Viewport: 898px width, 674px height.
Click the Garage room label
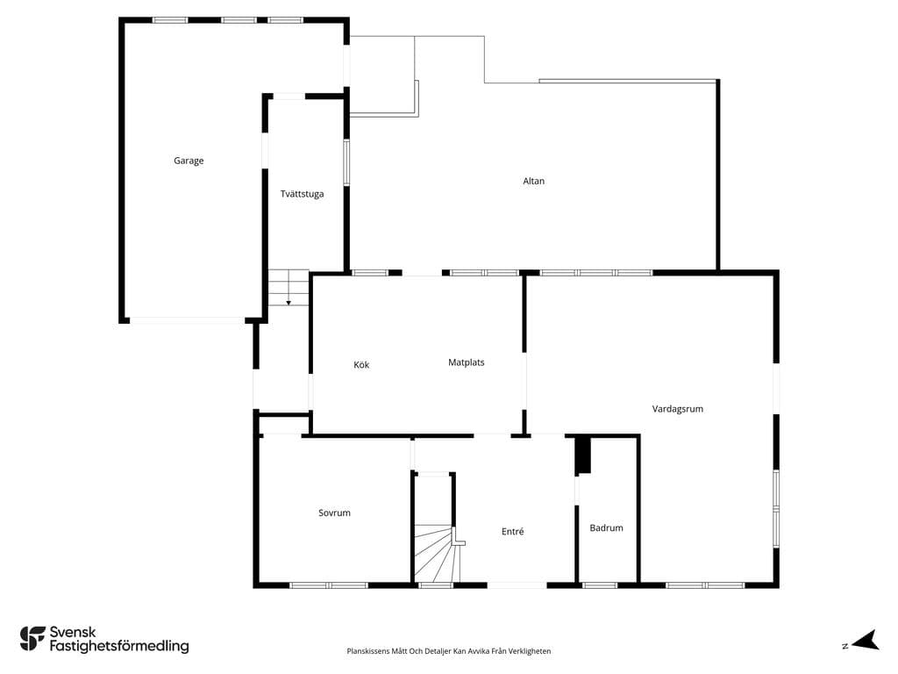(189, 161)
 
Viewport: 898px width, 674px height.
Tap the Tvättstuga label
(302, 194)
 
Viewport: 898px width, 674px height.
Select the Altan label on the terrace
(533, 181)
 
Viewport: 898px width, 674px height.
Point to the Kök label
(361, 365)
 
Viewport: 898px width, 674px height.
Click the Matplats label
(467, 362)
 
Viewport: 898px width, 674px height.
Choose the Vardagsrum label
(678, 409)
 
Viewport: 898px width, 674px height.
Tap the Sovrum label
(334, 513)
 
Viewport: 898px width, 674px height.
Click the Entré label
(512, 532)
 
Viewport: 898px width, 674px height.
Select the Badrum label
(607, 527)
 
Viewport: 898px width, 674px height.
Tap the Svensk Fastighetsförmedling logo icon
(32, 639)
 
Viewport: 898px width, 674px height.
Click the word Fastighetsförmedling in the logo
(119, 647)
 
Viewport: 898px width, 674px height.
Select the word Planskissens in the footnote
(368, 651)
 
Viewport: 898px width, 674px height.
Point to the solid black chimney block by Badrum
(583, 455)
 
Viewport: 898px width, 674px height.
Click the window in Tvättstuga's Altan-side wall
(346, 162)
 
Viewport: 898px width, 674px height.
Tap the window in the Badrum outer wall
(600, 585)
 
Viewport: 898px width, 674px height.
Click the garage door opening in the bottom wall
(188, 320)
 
